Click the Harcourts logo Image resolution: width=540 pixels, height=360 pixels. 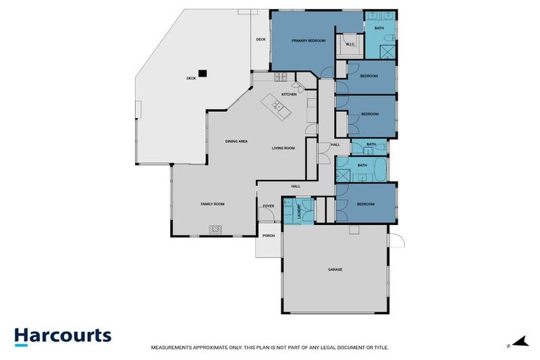[x=63, y=335]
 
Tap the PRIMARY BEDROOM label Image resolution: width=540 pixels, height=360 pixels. [x=309, y=41]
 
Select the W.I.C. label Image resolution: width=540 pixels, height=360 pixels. [x=350, y=44]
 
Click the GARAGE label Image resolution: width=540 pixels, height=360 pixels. [x=335, y=269]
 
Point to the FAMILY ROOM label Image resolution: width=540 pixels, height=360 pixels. [x=212, y=204]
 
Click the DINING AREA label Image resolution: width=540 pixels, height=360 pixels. [x=236, y=141]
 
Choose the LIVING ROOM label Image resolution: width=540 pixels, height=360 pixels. [x=283, y=148]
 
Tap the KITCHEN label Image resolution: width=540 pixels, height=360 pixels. [x=289, y=94]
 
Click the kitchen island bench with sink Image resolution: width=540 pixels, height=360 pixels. [x=277, y=108]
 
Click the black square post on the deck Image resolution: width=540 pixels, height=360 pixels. [x=202, y=72]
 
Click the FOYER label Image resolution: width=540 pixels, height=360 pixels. [x=268, y=206]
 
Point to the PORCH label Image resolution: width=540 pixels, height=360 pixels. [x=268, y=236]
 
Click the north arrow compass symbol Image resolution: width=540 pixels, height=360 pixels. [x=520, y=342]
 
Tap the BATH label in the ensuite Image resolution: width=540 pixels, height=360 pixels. [x=379, y=28]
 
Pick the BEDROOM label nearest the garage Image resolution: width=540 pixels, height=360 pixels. [x=366, y=204]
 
